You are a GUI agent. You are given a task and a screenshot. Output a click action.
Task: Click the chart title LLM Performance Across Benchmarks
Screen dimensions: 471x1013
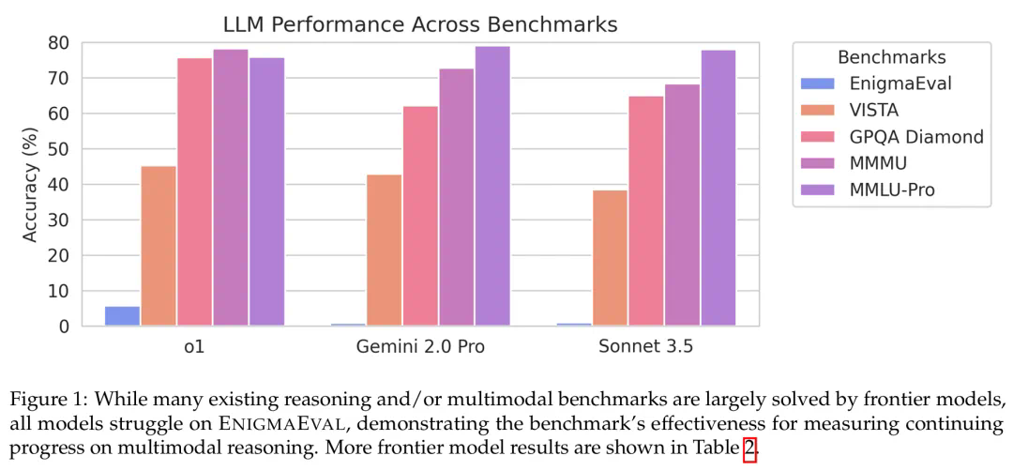click(419, 24)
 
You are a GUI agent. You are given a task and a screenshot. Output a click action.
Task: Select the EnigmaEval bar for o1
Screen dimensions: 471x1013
click(122, 316)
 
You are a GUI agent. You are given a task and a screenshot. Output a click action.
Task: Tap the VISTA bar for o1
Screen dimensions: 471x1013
click(159, 246)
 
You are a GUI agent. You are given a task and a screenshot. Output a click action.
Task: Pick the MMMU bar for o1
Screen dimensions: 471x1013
click(231, 188)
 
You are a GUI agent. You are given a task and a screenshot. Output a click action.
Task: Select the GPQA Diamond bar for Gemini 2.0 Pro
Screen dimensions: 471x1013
click(420, 216)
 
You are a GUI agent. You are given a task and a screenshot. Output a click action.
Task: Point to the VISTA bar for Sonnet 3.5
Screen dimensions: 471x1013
click(610, 258)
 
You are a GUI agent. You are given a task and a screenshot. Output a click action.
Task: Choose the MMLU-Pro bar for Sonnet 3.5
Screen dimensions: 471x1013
click(718, 188)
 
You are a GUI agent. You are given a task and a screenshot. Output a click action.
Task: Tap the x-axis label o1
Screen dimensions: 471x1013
click(195, 347)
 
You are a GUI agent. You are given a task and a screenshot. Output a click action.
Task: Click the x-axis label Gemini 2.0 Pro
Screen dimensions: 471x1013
click(420, 347)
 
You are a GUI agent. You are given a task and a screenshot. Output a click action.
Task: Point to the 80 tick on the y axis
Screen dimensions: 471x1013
click(60, 43)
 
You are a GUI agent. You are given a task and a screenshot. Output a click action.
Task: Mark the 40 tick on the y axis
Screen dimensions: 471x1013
click(60, 185)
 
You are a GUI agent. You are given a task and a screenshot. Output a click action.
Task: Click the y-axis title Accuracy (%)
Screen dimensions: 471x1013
click(30, 184)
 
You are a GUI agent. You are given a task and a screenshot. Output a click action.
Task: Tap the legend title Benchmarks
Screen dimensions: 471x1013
click(891, 56)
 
